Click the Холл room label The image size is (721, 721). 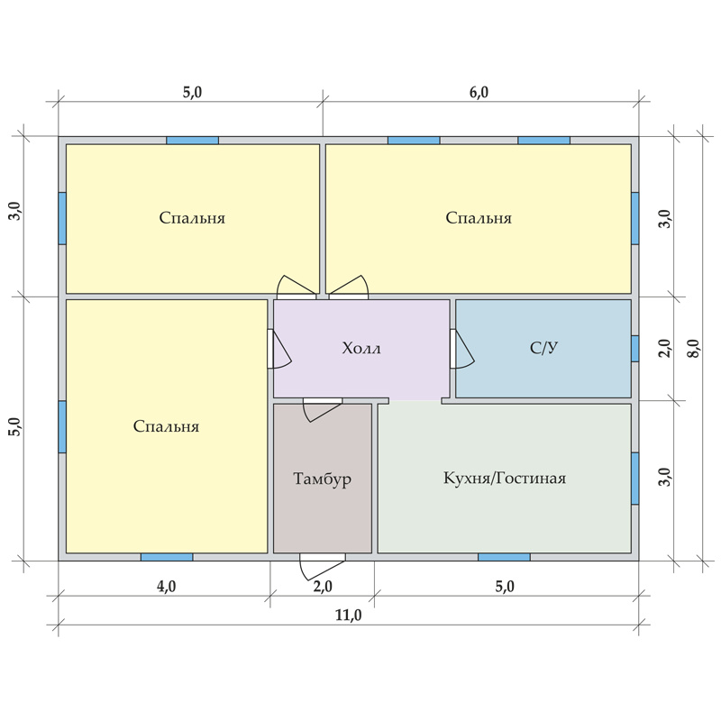(361, 348)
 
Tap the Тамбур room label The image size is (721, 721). (323, 479)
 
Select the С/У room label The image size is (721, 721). (544, 348)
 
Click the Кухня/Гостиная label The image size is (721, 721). (505, 479)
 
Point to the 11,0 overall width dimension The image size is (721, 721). (348, 615)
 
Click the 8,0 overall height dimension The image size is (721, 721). (694, 348)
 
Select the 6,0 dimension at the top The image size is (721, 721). (479, 93)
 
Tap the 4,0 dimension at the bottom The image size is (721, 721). (166, 587)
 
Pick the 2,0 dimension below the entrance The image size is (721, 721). (323, 587)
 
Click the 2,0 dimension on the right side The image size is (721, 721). (665, 348)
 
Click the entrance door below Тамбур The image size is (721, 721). (322, 566)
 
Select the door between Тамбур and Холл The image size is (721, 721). (323, 409)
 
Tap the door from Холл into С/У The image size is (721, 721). (461, 349)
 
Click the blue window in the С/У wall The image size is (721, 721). (635, 349)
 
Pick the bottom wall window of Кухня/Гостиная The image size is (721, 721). (504, 557)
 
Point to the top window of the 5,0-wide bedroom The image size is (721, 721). (192, 141)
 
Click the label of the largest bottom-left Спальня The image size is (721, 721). (166, 426)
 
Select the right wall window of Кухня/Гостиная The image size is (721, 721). (635, 479)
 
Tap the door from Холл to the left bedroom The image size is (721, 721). (278, 349)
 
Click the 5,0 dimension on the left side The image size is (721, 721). (15, 426)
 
